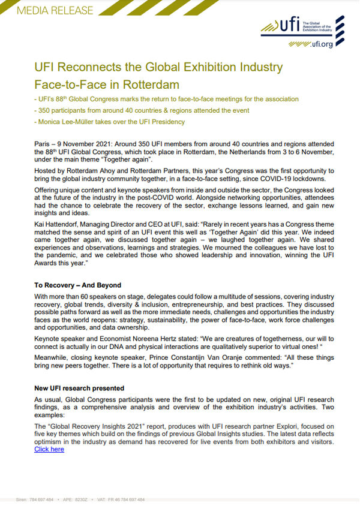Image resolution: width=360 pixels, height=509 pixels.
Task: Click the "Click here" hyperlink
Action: coord(49,449)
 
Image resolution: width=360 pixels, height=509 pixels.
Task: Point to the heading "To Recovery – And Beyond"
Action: coord(78,285)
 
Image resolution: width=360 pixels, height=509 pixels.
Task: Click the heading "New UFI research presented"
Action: coord(79,388)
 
